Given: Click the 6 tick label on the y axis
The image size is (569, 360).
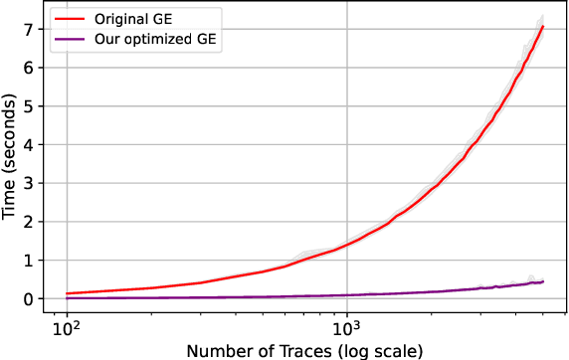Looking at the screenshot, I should (x=29, y=67).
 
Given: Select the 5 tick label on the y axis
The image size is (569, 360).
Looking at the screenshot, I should (x=29, y=105).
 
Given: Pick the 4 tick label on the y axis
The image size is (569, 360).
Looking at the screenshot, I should (x=29, y=144).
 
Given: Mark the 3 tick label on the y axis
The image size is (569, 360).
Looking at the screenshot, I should (x=29, y=183).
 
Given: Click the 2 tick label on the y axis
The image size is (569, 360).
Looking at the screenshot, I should (x=29, y=222).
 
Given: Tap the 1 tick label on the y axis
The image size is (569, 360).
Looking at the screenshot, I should (x=29, y=261).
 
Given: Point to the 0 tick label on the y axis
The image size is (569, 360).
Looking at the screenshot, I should (x=29, y=298).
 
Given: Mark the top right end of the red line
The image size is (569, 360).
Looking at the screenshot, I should (x=543, y=26).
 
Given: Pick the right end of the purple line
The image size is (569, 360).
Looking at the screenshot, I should (x=543, y=281).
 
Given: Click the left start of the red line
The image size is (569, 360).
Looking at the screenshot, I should (x=66, y=293).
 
